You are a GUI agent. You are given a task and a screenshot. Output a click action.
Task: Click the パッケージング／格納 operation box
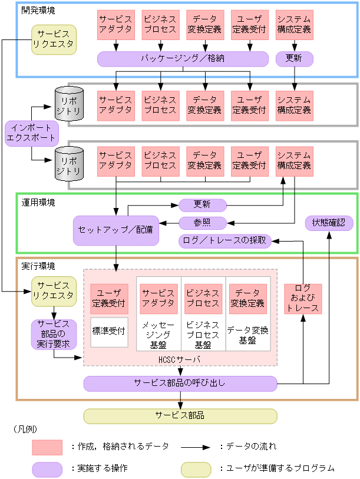tap(183, 59)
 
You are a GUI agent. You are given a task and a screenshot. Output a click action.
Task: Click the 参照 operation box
tap(202, 223)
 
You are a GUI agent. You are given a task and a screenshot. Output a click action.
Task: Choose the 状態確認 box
tap(328, 223)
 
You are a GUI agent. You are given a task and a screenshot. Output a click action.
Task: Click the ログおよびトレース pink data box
tap(302, 299)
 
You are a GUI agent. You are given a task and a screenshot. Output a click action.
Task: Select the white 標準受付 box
tap(109, 331)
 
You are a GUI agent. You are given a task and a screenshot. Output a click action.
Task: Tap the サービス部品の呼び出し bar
tap(180, 384)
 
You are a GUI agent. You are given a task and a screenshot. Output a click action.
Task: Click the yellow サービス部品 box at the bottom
tap(180, 415)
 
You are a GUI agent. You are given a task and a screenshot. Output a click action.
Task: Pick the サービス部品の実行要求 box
tap(54, 334)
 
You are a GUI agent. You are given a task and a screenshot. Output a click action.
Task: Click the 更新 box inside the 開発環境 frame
tap(294, 59)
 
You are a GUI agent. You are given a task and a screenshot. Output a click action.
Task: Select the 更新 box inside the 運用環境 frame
tap(202, 205)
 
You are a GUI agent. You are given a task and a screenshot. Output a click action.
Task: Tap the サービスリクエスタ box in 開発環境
tap(54, 39)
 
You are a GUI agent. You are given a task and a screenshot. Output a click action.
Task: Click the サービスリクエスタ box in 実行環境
tap(54, 290)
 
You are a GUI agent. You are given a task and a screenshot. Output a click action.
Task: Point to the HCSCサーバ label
tap(180, 359)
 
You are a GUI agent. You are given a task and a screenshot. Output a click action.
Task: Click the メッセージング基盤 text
tap(158, 335)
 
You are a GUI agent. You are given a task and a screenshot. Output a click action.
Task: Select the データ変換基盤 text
tap(248, 335)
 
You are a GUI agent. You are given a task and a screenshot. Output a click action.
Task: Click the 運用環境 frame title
tap(38, 203)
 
